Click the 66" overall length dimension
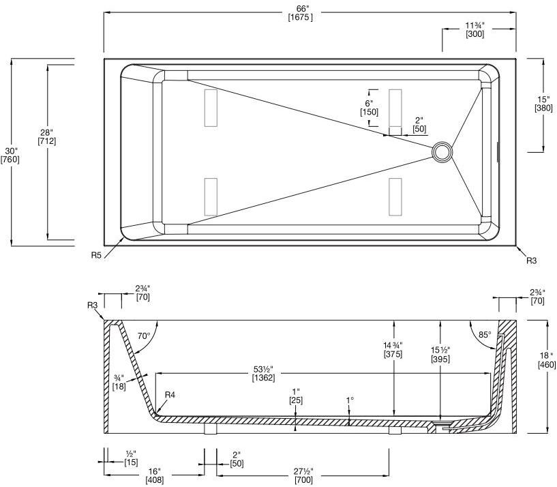(301, 8)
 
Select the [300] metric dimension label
(475, 35)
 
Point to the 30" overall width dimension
(10, 150)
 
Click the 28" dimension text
(47, 132)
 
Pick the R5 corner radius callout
(97, 255)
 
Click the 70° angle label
(143, 336)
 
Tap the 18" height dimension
(547, 355)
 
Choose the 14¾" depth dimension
(393, 344)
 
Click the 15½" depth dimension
(440, 349)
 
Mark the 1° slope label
(349, 400)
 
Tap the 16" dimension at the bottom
(154, 471)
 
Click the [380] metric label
(543, 108)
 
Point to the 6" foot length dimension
(369, 103)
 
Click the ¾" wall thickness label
(118, 377)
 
